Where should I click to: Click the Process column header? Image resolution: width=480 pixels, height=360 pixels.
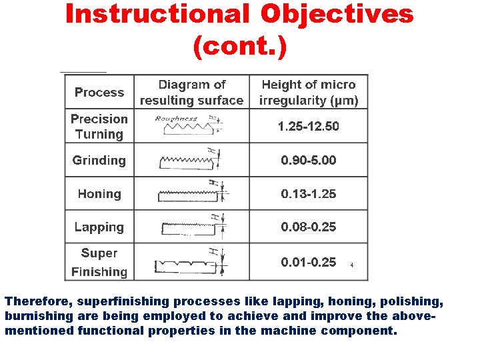coord(99,93)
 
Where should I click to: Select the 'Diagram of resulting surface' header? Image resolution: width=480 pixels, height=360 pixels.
coord(191,93)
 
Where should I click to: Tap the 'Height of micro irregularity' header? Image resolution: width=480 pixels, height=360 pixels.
coord(308,93)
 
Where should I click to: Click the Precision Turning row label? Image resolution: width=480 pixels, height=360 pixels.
coord(99,126)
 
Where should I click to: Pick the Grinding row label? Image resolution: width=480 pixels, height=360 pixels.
coord(99,160)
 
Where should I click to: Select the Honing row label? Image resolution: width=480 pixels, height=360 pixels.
coord(99,194)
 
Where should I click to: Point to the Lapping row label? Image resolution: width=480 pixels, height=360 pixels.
coord(99,227)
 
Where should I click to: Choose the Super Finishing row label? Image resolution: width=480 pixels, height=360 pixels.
coord(99,262)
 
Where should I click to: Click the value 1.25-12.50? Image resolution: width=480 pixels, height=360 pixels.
coord(308,126)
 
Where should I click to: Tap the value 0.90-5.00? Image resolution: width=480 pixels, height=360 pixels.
coord(308,160)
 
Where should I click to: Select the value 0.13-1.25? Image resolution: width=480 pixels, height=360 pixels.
coord(308,194)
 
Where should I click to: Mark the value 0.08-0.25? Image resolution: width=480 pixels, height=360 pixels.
coord(308,227)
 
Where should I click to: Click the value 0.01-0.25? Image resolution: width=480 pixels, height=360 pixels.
coord(308,262)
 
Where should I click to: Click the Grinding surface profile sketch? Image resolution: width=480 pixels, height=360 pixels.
coord(189,161)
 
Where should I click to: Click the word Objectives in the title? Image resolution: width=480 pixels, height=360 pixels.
coord(337,14)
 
